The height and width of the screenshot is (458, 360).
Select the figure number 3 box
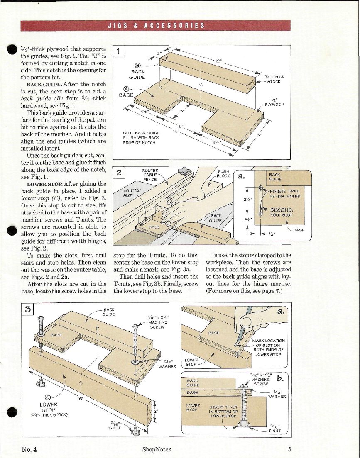click(27, 309)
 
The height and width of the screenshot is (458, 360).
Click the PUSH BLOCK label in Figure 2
click(225, 173)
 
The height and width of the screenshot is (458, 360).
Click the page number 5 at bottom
click(289, 449)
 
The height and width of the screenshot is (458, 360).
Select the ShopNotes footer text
click(156, 449)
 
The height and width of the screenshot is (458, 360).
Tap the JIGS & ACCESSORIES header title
click(156, 25)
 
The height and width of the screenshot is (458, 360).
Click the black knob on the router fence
click(183, 171)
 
